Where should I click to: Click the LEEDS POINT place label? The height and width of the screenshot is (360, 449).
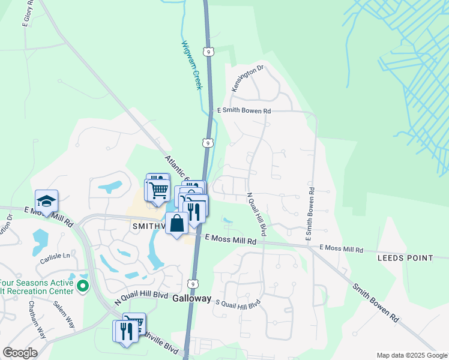point(405,258)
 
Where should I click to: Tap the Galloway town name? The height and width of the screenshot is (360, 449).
point(192,298)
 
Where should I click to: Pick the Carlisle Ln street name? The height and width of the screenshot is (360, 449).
point(55,255)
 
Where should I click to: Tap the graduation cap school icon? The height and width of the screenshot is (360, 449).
point(46,200)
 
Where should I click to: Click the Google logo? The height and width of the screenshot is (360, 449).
point(20,353)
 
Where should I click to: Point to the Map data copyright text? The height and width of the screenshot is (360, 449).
point(412,355)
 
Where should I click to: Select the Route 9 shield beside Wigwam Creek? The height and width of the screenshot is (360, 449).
point(208,52)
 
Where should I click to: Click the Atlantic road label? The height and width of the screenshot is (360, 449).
point(176,167)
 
